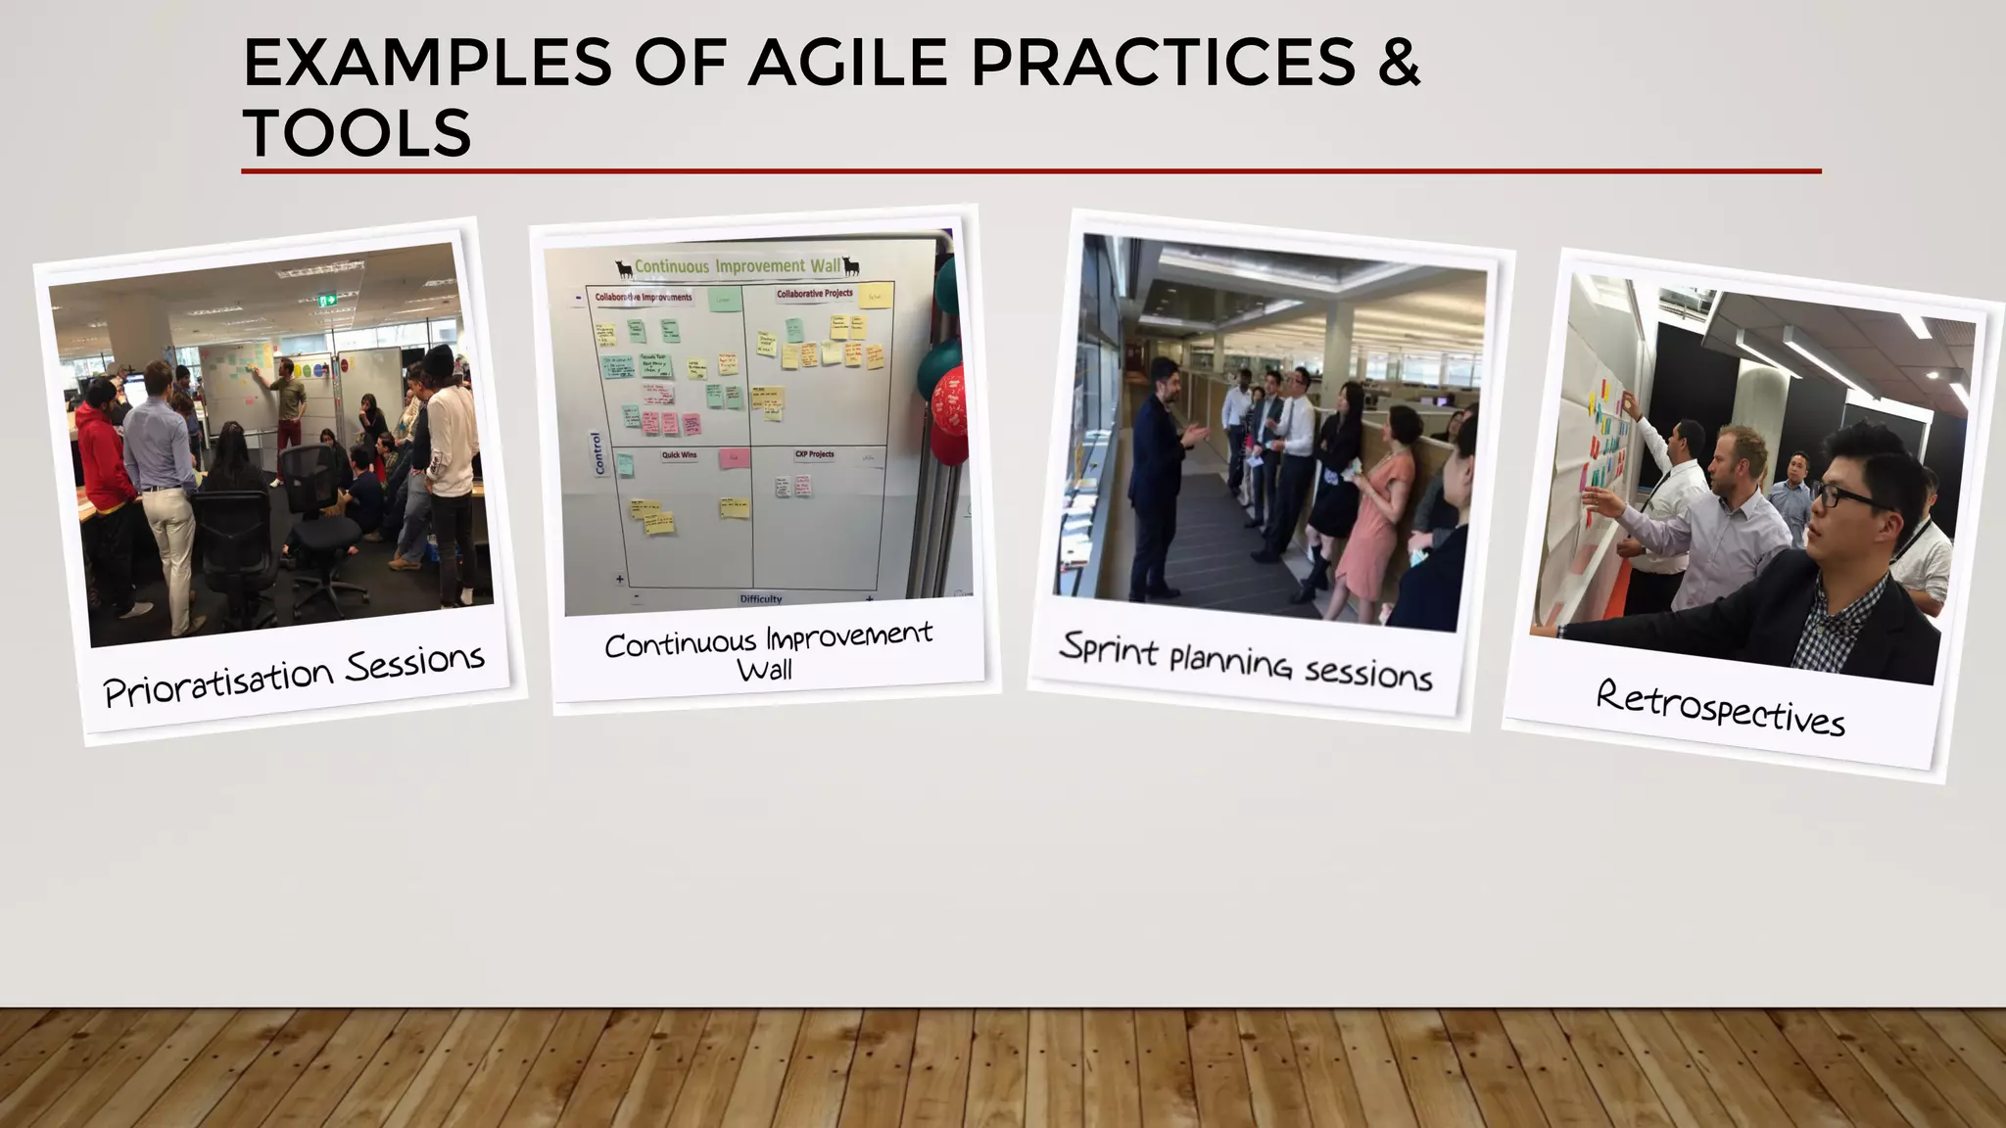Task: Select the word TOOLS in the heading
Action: click(357, 133)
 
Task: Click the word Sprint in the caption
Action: click(1109, 648)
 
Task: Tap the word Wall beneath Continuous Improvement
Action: click(764, 671)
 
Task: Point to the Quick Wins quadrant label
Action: click(679, 455)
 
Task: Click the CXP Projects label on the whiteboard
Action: click(814, 454)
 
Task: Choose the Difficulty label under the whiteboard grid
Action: click(761, 598)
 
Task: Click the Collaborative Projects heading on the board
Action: click(814, 294)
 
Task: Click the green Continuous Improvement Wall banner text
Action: click(737, 266)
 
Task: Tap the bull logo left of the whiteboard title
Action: click(623, 268)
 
